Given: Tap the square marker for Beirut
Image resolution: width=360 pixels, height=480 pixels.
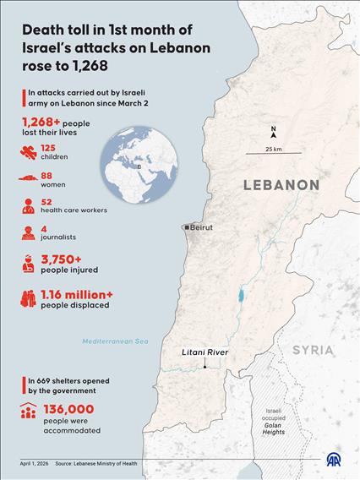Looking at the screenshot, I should (187, 228).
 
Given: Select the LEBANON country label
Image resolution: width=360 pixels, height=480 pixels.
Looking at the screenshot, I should (281, 184).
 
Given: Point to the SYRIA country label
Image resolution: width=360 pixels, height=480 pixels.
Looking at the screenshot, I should (313, 349).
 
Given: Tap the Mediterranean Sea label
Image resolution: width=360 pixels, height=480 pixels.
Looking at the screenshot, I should (114, 341).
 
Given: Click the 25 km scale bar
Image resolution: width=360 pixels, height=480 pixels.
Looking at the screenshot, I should (272, 154).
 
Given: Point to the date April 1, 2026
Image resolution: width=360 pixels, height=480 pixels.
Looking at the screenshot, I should (38, 463).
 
